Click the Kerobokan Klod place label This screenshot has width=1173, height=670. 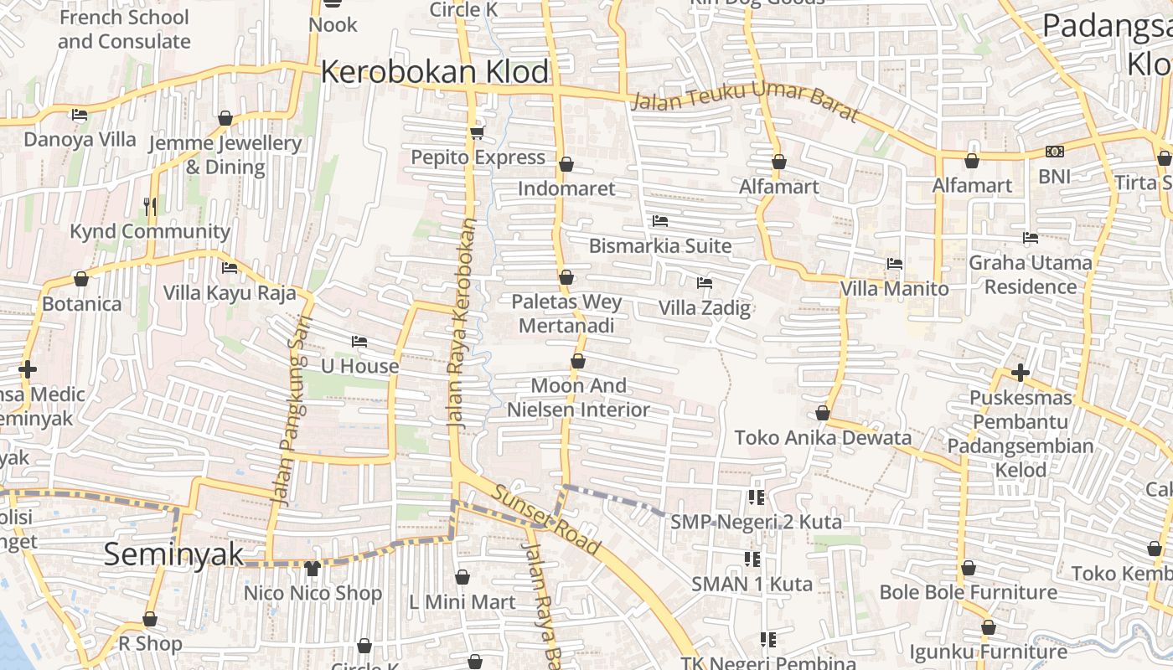coord(434,72)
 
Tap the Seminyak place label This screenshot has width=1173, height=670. coord(173,554)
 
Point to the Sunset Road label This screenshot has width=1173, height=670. coord(546,519)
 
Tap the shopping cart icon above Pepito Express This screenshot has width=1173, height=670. coord(478,132)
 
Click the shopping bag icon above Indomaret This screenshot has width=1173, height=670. coord(566,164)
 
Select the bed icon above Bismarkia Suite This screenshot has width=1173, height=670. coord(660,221)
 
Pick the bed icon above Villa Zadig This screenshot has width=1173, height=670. coord(704,283)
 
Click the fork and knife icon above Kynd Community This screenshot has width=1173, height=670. coord(150,206)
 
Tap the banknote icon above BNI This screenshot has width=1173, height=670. coord(1054,152)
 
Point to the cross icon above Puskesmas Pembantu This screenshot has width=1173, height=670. coord(1020,372)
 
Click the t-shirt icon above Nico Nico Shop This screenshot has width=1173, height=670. coord(313,569)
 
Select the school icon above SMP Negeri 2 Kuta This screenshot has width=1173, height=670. coord(756,497)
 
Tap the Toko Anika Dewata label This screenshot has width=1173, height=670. coord(823,438)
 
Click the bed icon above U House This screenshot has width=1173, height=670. coord(359,342)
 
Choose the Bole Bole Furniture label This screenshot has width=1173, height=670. coord(968,593)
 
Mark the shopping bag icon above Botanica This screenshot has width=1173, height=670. coord(81,279)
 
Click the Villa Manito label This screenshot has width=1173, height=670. coord(894,289)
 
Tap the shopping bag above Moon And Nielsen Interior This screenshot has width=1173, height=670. coord(578,362)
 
